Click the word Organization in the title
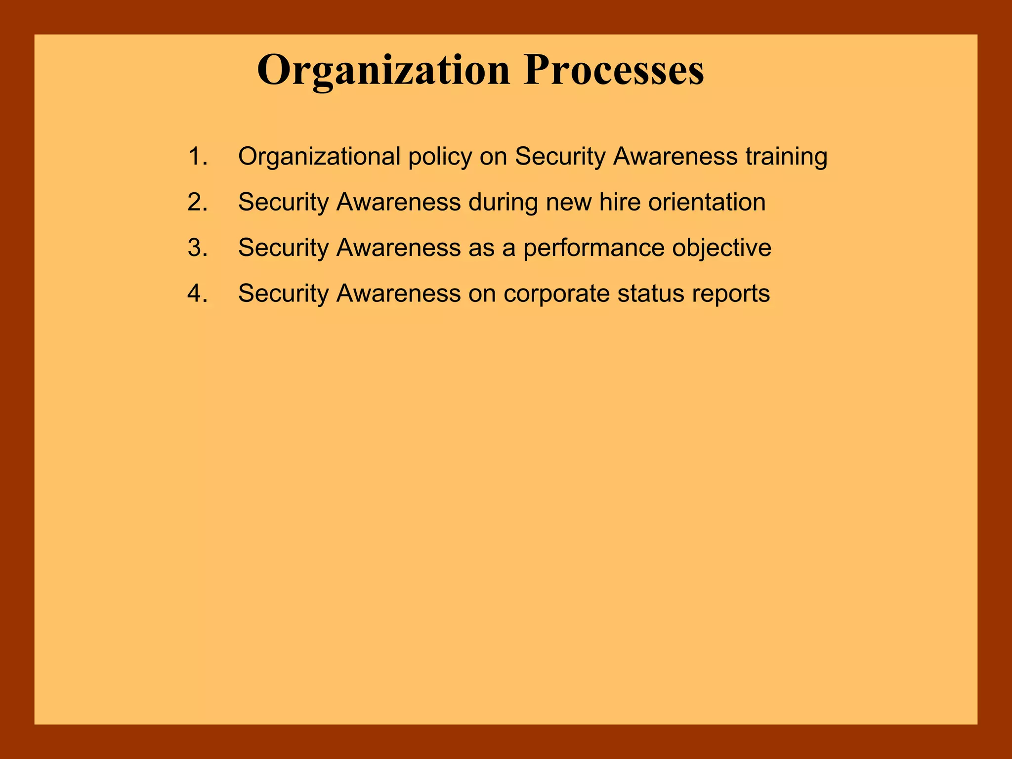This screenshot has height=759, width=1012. click(x=383, y=71)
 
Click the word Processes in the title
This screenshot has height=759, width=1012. click(x=614, y=71)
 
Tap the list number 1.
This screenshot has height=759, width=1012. click(x=197, y=157)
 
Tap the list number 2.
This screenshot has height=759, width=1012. click(x=197, y=202)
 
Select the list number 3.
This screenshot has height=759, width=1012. click(x=197, y=248)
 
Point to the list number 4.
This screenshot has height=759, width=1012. click(x=197, y=294)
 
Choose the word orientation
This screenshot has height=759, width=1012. click(x=707, y=202)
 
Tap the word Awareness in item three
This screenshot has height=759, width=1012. click(x=399, y=248)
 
